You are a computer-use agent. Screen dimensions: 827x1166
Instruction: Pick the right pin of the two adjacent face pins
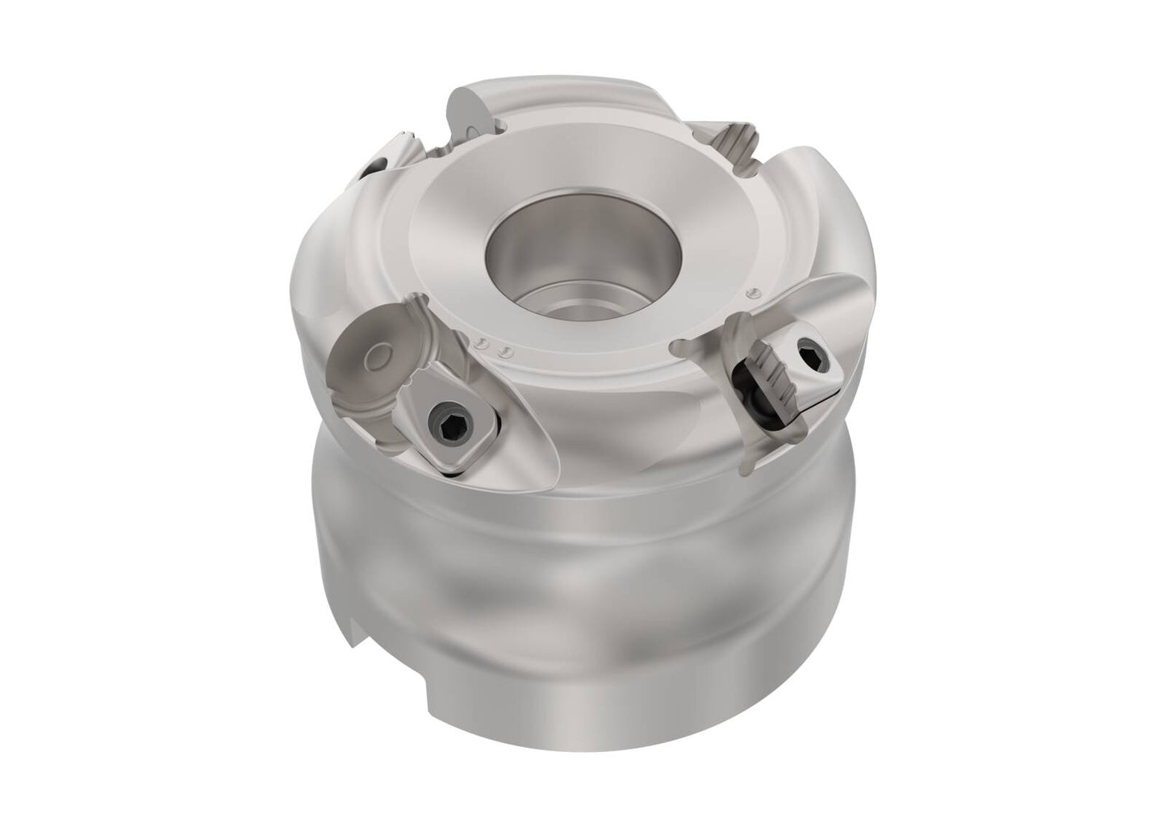tap(504, 350)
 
